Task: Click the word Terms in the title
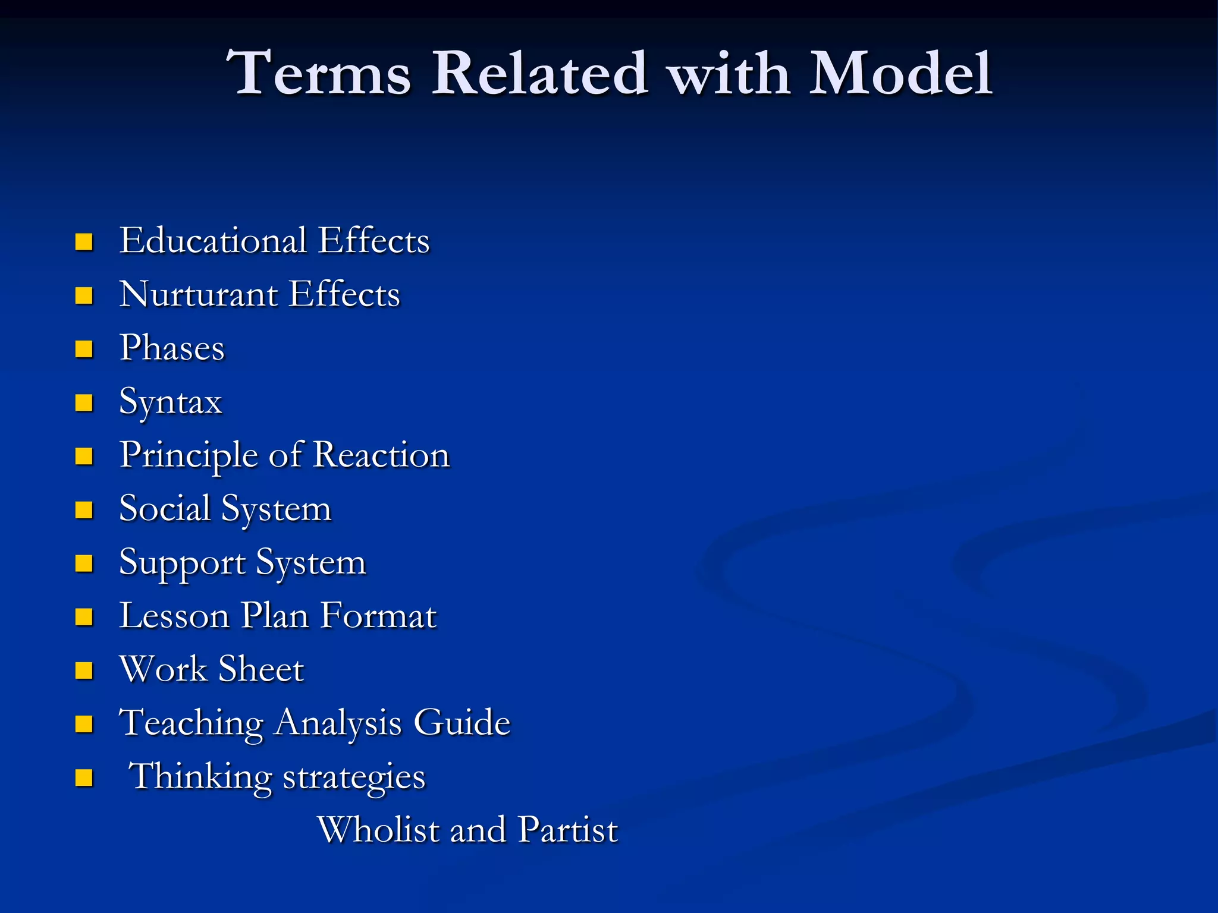319,73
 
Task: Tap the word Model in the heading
900,73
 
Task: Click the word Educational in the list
213,240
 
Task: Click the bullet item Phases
172,348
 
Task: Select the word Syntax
171,402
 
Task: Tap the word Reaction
381,455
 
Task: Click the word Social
165,509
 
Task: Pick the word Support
182,563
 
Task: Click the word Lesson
174,616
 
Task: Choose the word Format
379,616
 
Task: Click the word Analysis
338,723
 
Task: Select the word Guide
462,723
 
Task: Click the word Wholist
378,830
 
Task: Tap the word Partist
568,830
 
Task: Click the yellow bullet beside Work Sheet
84,670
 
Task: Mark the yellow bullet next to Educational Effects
84,242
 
